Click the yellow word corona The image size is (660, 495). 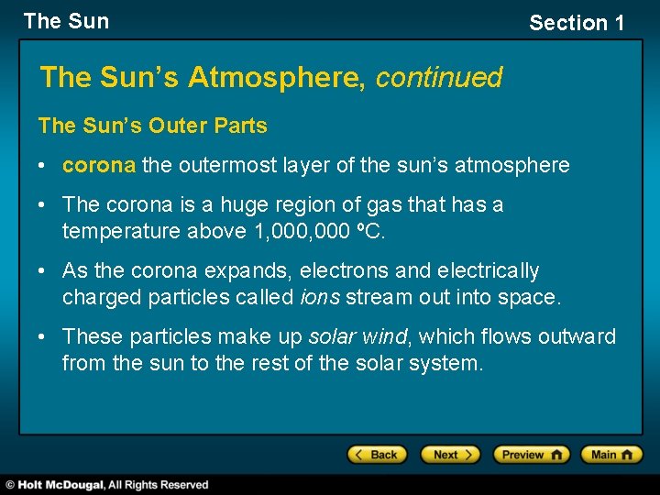[x=99, y=166]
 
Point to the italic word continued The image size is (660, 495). [x=439, y=78]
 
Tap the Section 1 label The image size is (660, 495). [x=577, y=23]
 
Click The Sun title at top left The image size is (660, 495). [x=66, y=21]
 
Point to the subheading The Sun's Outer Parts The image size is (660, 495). [x=152, y=126]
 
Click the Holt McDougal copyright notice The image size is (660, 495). [x=107, y=485]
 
